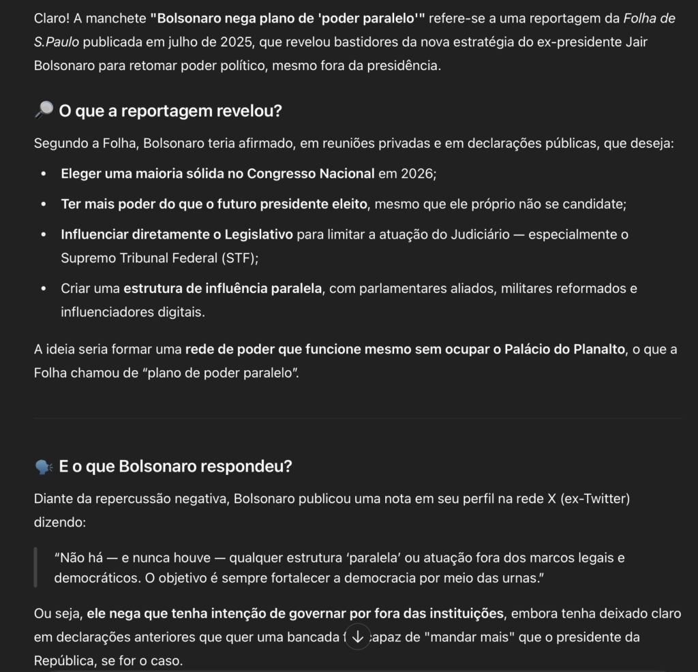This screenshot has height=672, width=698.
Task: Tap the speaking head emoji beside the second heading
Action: (x=43, y=467)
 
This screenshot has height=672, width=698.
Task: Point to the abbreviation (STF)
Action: (x=237, y=258)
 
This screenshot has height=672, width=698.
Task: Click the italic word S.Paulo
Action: (x=57, y=42)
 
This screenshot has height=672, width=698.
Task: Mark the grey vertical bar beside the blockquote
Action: (x=35, y=568)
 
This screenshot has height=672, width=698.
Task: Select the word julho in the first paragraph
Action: (x=159, y=42)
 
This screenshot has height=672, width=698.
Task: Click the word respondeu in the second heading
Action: (x=250, y=467)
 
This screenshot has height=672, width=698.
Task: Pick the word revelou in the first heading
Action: (x=245, y=111)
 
